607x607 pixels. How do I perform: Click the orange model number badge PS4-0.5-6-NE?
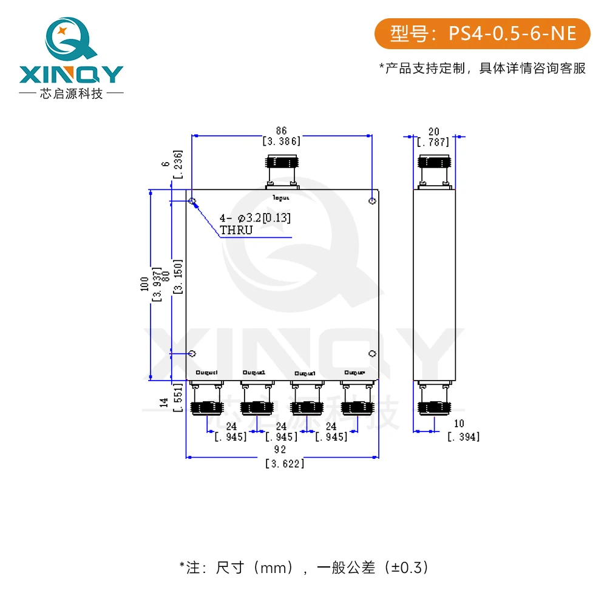[482, 34]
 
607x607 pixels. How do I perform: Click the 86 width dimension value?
[281, 131]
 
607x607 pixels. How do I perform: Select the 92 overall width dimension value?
[280, 450]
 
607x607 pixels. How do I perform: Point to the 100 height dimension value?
[144, 285]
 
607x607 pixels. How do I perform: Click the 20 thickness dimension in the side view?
[433, 132]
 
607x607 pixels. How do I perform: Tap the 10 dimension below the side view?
[459, 423]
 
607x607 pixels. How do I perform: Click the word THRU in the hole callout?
[236, 230]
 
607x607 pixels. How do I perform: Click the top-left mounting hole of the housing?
[192, 201]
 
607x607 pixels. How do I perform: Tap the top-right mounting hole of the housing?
[373, 201]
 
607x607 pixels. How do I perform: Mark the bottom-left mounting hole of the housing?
[192, 353]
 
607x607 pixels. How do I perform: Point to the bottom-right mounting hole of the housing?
[373, 353]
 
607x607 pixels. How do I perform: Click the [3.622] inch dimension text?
[285, 464]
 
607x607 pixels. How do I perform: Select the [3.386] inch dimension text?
[281, 141]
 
